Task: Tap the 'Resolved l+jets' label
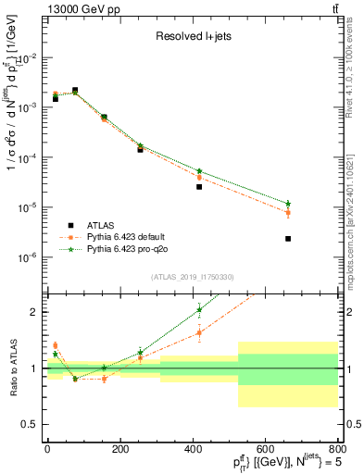[192, 38]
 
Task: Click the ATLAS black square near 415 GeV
[199, 187]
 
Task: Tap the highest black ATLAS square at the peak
[75, 91]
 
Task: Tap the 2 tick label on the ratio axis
[37, 312]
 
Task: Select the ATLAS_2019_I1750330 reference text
[192, 277]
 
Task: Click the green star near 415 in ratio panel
[199, 310]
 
